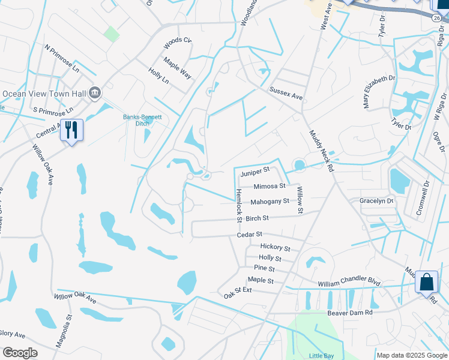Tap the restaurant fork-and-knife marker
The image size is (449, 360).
click(71, 130)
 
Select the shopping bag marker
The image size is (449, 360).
click(426, 282)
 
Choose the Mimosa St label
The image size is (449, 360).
click(268, 187)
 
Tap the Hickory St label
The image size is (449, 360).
click(275, 248)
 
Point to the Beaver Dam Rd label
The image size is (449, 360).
click(350, 313)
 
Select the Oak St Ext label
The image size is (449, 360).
click(238, 290)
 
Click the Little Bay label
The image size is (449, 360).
click(321, 356)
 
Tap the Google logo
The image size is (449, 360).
click(20, 353)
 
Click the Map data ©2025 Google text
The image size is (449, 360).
click(412, 356)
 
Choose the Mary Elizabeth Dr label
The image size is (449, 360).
click(379, 92)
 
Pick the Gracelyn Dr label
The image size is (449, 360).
click(376, 200)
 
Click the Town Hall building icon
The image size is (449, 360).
click(95, 93)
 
